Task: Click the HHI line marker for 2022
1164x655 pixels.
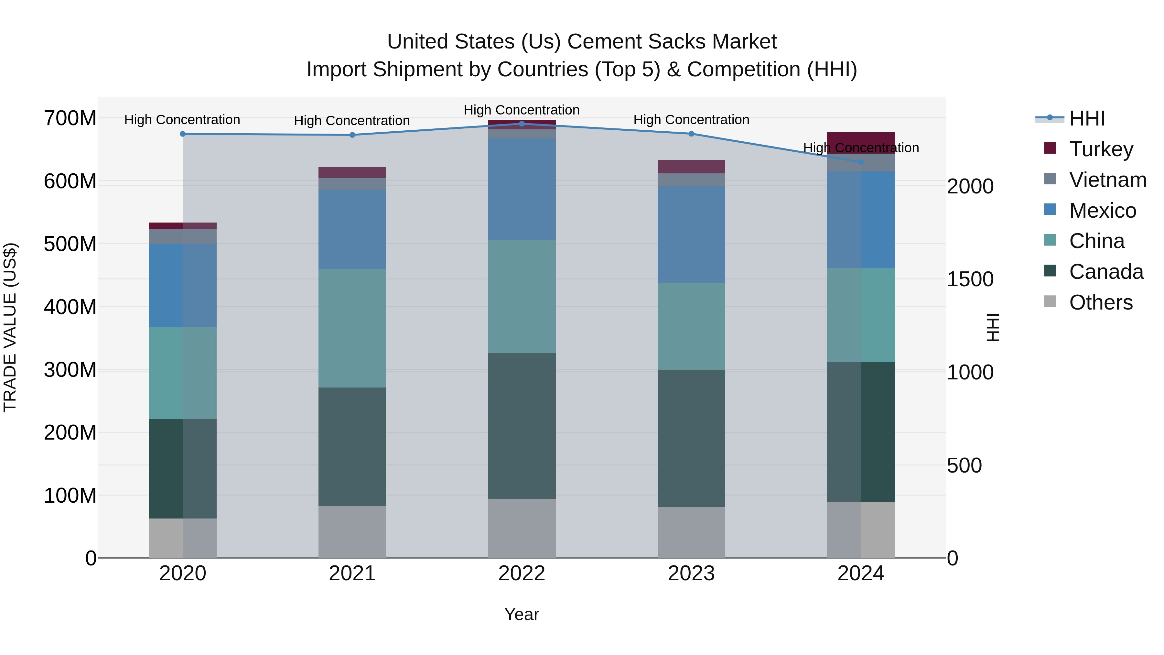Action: [522, 124]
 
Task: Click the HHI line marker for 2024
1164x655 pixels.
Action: [861, 162]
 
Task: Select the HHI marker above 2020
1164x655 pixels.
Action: [183, 134]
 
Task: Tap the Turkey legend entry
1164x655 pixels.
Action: [1101, 149]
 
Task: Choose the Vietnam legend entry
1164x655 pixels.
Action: [1107, 180]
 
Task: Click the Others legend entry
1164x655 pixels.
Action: [1100, 302]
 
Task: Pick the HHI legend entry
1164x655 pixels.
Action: [1087, 118]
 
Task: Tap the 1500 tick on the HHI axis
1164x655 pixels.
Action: [970, 279]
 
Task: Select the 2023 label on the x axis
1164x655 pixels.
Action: [691, 573]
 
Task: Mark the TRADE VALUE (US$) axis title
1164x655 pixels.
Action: [10, 327]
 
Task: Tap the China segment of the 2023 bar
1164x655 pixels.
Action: [691, 326]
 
